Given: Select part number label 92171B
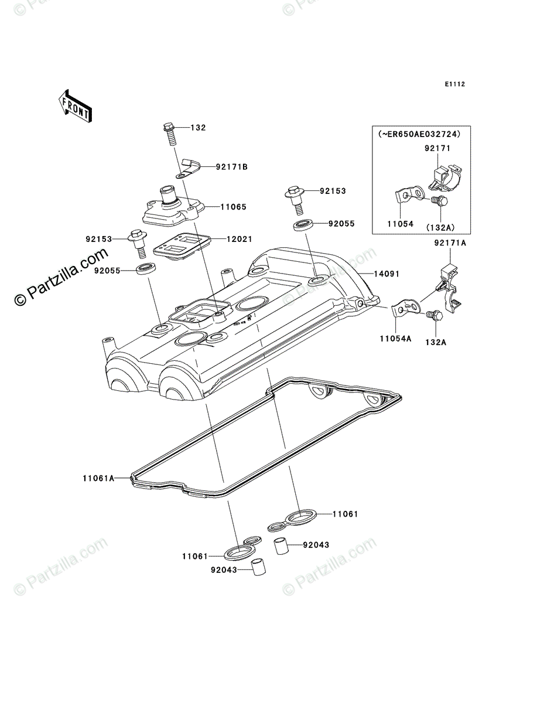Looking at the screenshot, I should coord(231,167).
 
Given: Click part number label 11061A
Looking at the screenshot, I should coord(98,478).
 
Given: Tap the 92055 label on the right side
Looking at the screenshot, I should coord(343,224).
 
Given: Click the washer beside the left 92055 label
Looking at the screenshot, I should coord(147,270).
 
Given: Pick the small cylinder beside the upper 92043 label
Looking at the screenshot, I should coord(281,547).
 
